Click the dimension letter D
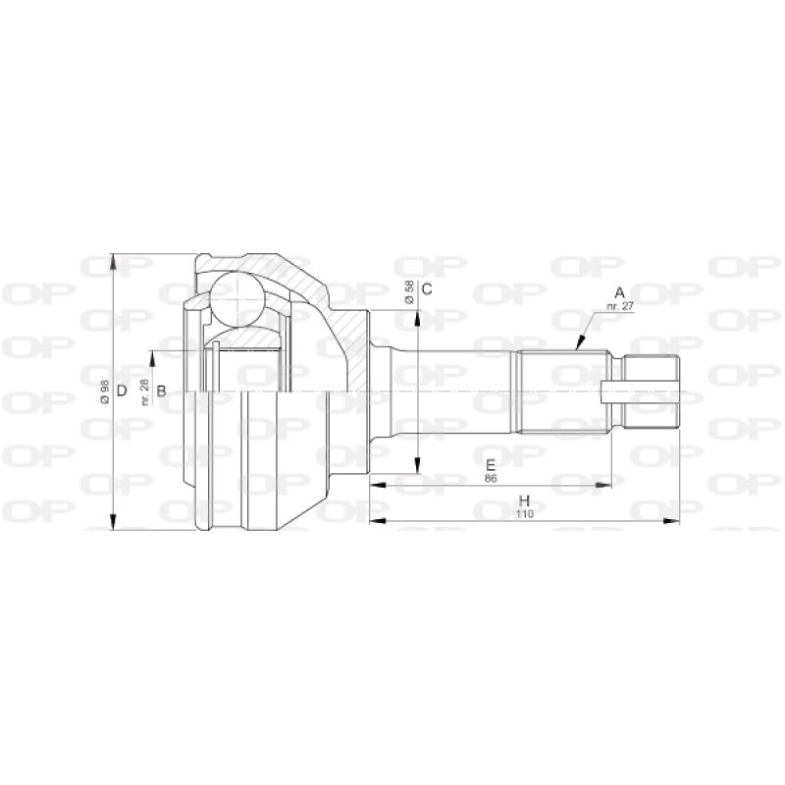122,392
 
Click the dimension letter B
162,392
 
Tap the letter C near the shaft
427,288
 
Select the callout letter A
619,292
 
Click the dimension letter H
525,499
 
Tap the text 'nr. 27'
619,307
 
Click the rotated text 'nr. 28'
144,392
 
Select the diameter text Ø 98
103,392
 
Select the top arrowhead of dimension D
115,261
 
